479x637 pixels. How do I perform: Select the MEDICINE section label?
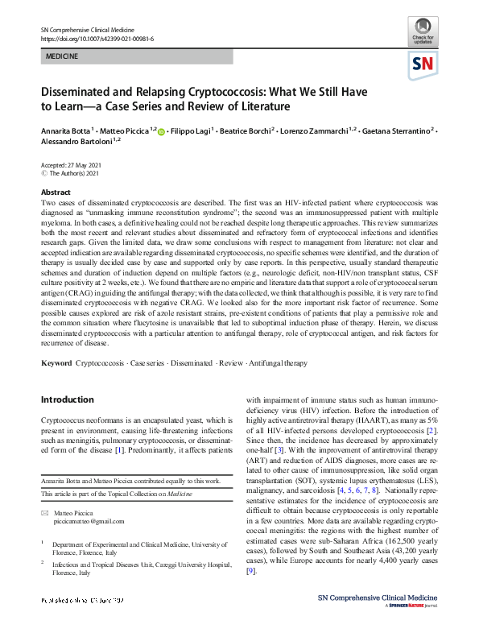tap(62, 59)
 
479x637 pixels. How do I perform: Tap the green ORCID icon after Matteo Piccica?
tap(160, 130)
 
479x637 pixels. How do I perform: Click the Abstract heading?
tap(55, 192)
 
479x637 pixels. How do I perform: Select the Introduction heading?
tap(68, 399)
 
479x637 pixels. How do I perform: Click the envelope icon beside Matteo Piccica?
tap(45, 513)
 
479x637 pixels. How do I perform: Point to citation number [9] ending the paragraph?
tap(252, 571)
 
